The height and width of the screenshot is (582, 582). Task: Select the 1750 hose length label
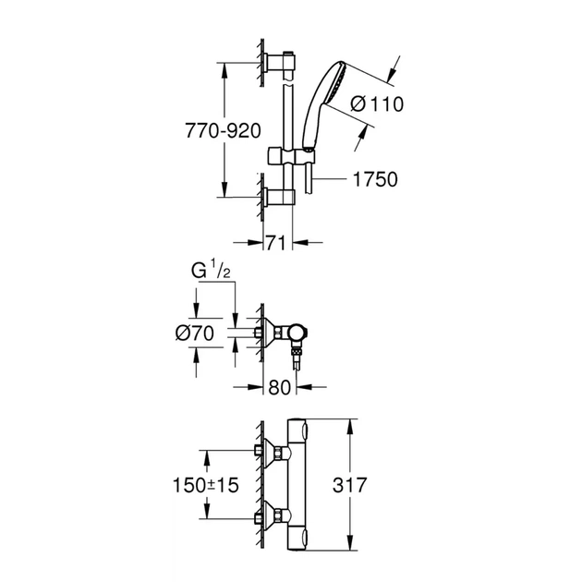point(374,179)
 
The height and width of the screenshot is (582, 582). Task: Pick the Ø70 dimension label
point(195,333)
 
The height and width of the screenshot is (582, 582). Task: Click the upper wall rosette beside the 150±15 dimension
point(273,452)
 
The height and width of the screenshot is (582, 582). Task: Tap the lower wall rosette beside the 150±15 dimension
point(273,515)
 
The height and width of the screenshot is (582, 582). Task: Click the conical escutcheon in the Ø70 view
point(269,333)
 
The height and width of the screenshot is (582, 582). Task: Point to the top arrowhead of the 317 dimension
point(352,423)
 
